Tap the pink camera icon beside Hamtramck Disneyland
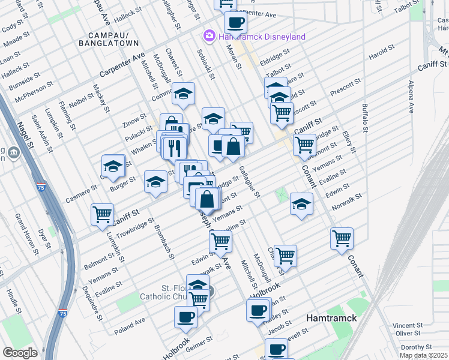coord(209,36)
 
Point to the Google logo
coord(20,352)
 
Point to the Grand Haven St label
coord(26,230)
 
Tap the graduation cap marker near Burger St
coord(113,166)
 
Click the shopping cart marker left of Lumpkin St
coord(102,213)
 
